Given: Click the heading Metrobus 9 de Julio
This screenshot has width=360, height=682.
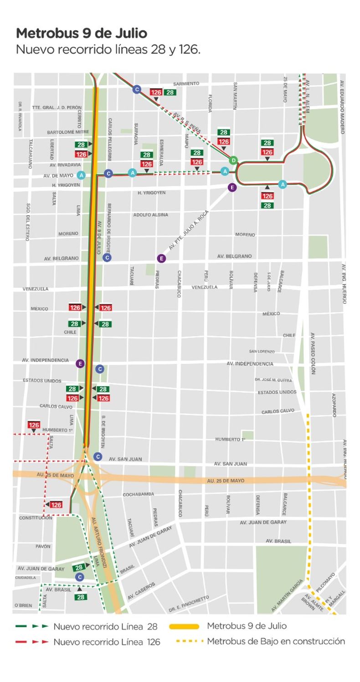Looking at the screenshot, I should [82, 33].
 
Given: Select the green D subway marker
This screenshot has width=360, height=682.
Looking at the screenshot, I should [233, 160].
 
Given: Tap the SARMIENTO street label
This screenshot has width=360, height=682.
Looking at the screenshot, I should [186, 84].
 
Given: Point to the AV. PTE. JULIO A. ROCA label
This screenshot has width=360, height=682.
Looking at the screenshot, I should [188, 230].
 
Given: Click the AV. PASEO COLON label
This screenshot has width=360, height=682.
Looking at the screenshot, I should [313, 353].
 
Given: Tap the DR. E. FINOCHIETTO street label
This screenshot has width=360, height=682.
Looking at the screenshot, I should [189, 604].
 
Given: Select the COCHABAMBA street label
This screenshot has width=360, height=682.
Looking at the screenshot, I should [139, 494].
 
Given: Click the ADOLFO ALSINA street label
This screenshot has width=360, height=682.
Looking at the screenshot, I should [150, 215].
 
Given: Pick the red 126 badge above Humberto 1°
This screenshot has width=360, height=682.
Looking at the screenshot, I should [34, 425].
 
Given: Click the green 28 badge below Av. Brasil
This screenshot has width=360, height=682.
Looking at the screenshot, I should [81, 597].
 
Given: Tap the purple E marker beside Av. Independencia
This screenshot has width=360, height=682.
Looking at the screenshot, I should [80, 363].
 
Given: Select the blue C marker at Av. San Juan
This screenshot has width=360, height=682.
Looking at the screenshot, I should [98, 456].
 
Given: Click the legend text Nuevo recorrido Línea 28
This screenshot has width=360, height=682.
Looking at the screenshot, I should [105, 626].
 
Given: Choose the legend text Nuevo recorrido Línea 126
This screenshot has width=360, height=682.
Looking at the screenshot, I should [107, 642].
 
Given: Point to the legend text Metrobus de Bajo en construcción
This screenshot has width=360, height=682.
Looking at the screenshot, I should [276, 641].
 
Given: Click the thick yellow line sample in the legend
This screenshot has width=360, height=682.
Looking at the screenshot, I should [184, 626].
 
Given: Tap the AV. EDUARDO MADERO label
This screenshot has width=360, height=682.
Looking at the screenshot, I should [342, 107].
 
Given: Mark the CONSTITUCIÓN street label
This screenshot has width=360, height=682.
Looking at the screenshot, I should [36, 518].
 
